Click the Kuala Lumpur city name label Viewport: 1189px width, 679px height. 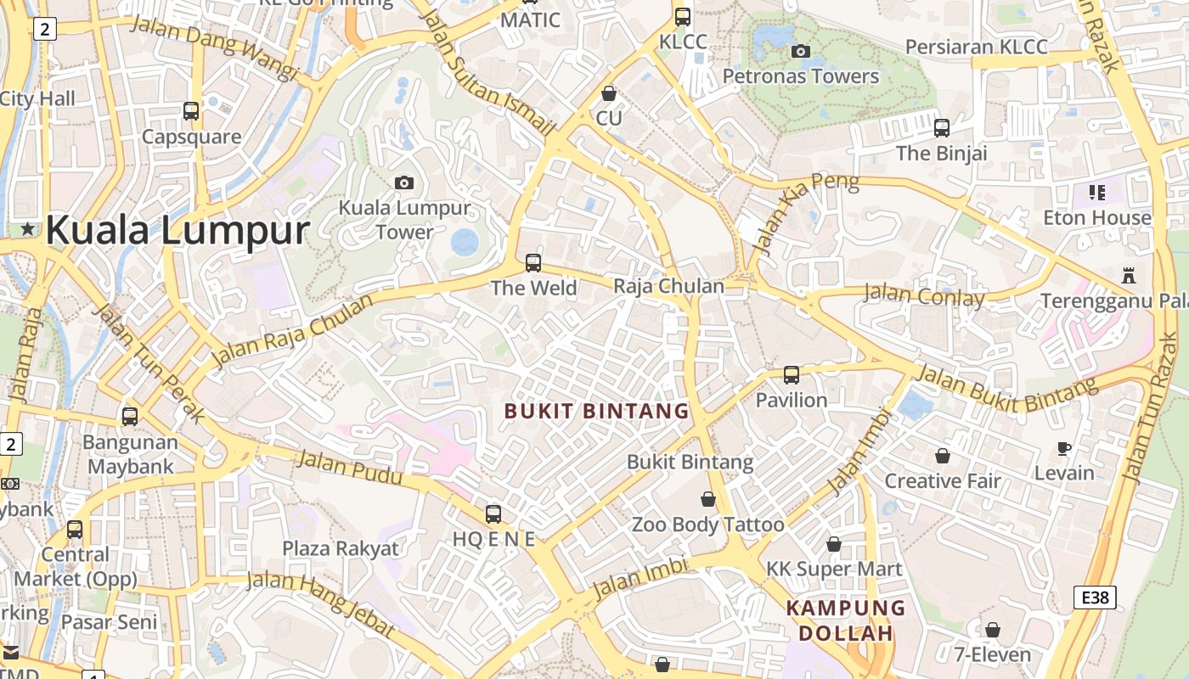pyautogui.click(x=177, y=230)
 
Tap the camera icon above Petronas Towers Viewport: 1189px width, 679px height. pyautogui.click(x=800, y=51)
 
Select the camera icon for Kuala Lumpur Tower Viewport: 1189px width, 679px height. pyautogui.click(x=404, y=182)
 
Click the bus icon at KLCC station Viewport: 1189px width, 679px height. pyautogui.click(x=682, y=16)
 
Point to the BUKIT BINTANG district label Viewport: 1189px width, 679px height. pyautogui.click(x=596, y=412)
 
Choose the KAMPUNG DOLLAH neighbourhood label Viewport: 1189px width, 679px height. pyautogui.click(x=846, y=620)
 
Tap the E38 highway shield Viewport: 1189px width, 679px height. pyautogui.click(x=1094, y=598)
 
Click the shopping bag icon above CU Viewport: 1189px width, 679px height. pyautogui.click(x=608, y=93)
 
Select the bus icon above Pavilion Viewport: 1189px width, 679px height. pyautogui.click(x=791, y=374)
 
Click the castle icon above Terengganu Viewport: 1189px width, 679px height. pyautogui.click(x=1128, y=276)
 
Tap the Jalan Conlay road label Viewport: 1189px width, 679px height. pyautogui.click(x=924, y=296)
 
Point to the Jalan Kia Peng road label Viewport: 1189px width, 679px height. pyautogui.click(x=806, y=212)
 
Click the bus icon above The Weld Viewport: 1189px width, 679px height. pyautogui.click(x=533, y=262)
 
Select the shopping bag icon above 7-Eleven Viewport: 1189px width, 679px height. pyautogui.click(x=992, y=630)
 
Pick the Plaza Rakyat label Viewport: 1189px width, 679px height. pyautogui.click(x=340, y=548)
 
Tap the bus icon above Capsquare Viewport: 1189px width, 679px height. pyautogui.click(x=191, y=110)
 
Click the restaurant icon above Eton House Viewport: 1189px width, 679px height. pyautogui.click(x=1096, y=193)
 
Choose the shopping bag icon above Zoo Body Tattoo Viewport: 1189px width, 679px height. pyautogui.click(x=707, y=499)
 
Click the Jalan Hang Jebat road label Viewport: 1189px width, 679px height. pyautogui.click(x=320, y=604)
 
